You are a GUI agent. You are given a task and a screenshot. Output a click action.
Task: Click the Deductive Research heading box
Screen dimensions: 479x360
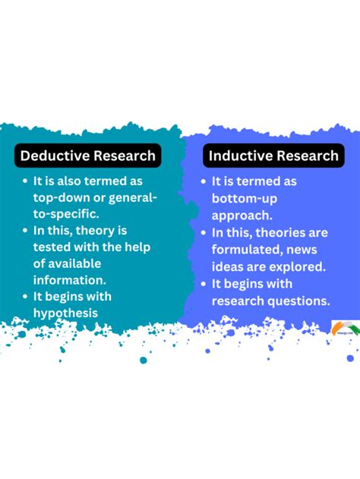88,156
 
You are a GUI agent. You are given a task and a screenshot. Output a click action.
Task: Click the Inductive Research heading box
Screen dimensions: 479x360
273,156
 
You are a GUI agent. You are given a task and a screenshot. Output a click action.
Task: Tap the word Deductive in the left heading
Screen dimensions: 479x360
55,156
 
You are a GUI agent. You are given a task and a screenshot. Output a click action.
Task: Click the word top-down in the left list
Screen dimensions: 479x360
58,198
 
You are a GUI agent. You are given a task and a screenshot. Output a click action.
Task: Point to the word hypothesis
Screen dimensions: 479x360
66,313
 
